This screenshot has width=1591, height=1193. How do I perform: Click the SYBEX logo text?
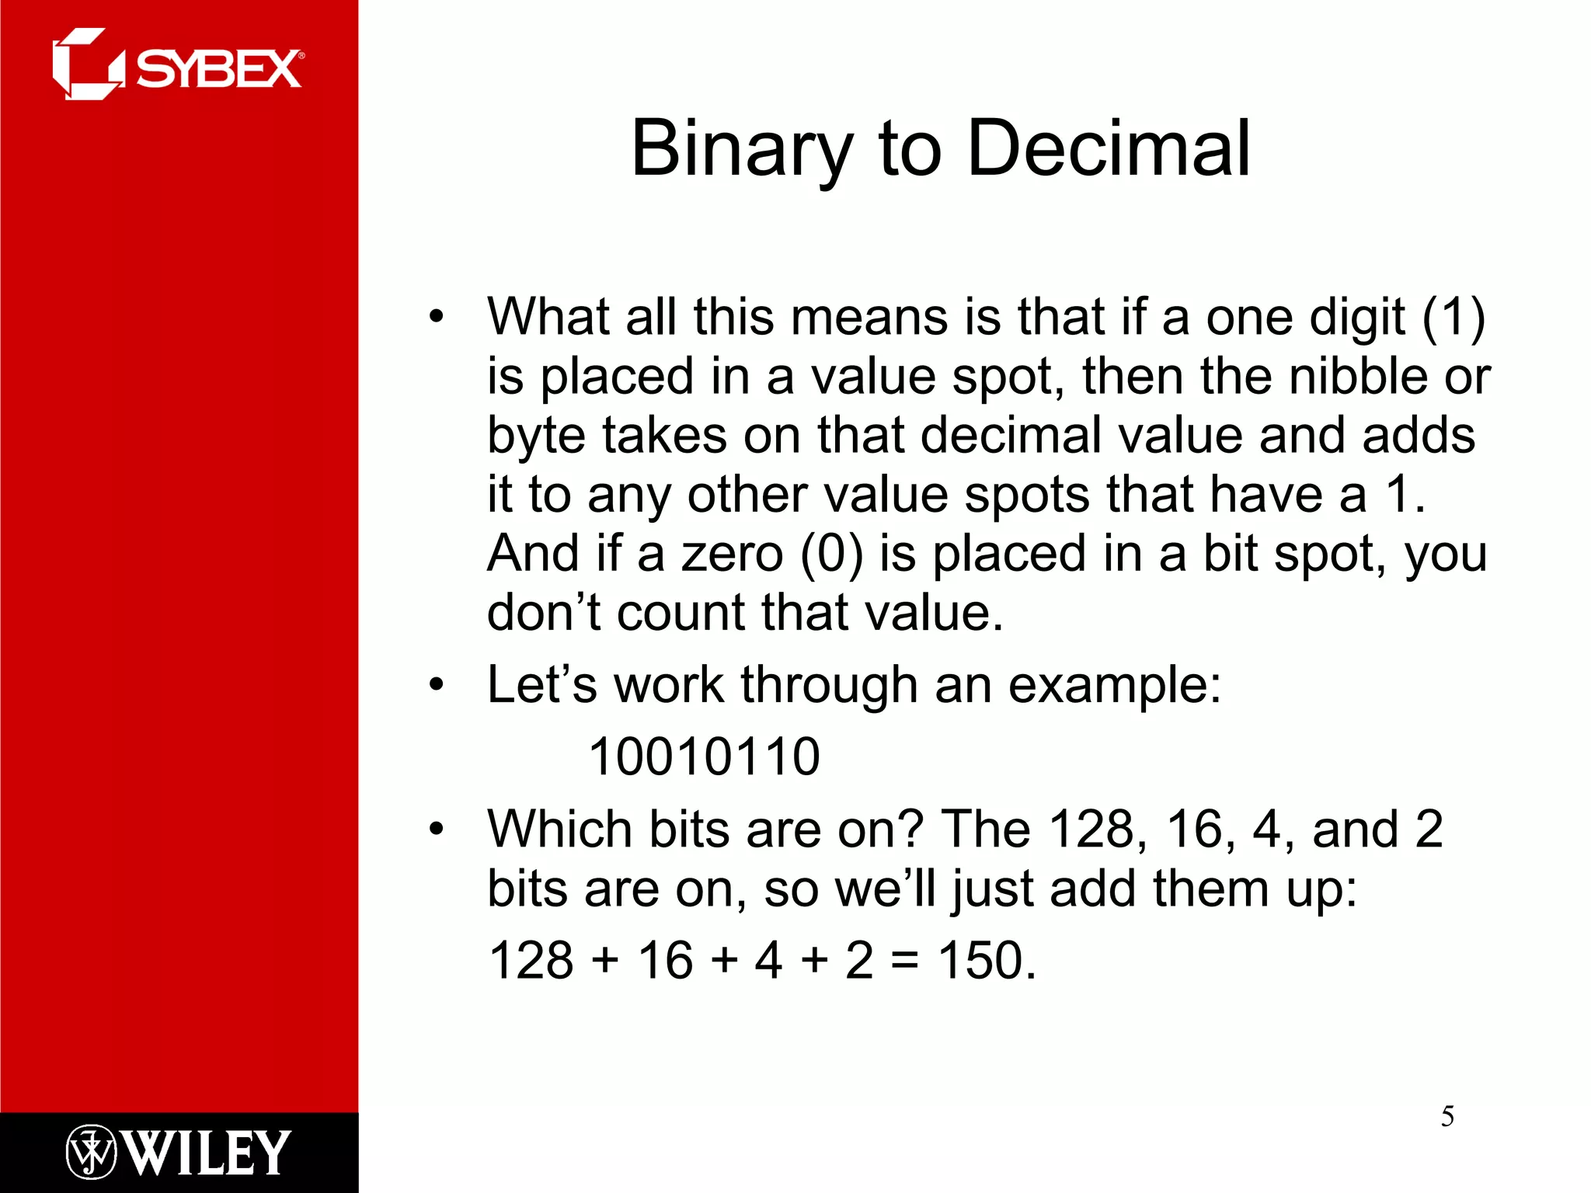[219, 70]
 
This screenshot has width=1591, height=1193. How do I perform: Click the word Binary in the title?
[742, 149]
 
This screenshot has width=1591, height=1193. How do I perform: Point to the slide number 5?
[1447, 1117]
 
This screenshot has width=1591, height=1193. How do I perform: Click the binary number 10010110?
[704, 756]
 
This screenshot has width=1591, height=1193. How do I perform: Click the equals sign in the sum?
[904, 962]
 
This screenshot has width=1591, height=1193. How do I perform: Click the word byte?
[535, 437]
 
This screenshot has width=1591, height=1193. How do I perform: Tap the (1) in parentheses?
[1453, 317]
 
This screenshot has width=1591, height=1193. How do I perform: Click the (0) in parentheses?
[831, 554]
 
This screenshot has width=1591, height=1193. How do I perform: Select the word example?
[1115, 686]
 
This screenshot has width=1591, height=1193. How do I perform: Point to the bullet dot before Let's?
[437, 685]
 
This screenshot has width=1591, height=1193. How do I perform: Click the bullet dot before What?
[437, 317]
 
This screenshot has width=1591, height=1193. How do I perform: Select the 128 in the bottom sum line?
[531, 960]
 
